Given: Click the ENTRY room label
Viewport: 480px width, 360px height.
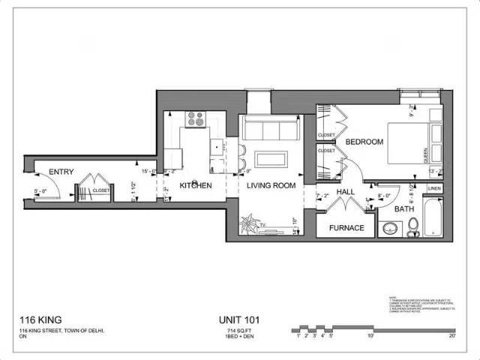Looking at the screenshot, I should (x=61, y=172).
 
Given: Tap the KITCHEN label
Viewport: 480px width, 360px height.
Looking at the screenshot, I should (x=195, y=185).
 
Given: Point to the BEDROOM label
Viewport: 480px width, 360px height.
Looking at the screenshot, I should (x=364, y=142).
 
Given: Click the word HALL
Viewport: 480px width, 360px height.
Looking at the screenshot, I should (x=345, y=193).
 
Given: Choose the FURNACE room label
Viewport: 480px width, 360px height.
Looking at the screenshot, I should (x=346, y=228).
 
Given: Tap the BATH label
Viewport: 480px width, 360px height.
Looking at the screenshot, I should (x=404, y=209).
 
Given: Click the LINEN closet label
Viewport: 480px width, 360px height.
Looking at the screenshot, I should (x=434, y=188).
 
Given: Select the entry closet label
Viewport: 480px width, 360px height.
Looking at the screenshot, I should (x=100, y=190).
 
